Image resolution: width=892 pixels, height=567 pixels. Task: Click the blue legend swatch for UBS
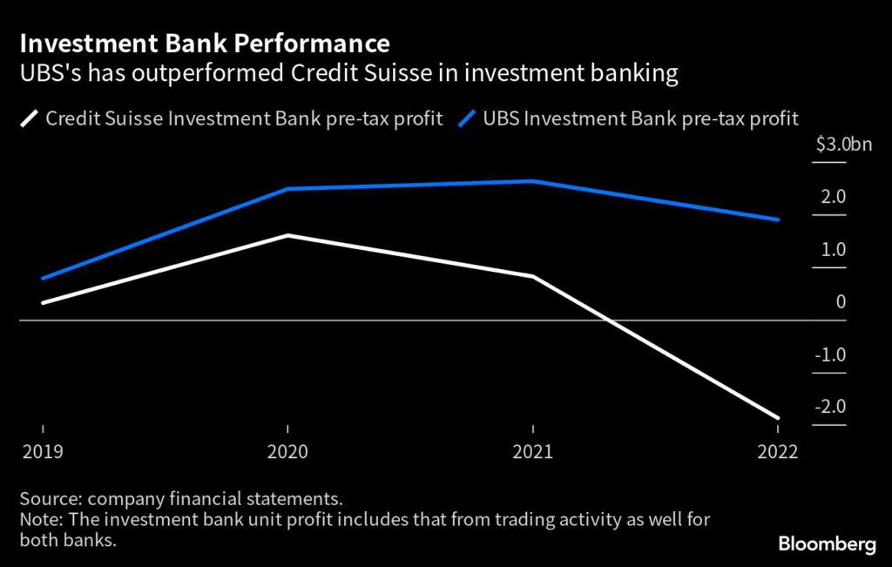pyautogui.click(x=469, y=118)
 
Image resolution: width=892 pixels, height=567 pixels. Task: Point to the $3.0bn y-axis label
pyautogui.click(x=843, y=145)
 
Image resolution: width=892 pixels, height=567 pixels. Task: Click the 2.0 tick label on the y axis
pyautogui.click(x=832, y=197)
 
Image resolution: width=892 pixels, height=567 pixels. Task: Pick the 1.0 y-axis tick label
pyautogui.click(x=832, y=250)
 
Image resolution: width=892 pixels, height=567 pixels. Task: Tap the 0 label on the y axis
pyautogui.click(x=840, y=302)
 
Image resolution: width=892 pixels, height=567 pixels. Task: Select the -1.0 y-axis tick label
pyautogui.click(x=829, y=355)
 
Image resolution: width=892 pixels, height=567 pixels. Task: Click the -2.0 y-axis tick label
pyautogui.click(x=829, y=408)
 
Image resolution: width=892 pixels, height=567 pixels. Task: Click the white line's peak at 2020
pyautogui.click(x=287, y=235)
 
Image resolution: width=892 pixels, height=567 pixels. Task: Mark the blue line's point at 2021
pyautogui.click(x=533, y=181)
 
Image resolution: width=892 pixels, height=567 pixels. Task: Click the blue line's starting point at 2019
pyautogui.click(x=42, y=279)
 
